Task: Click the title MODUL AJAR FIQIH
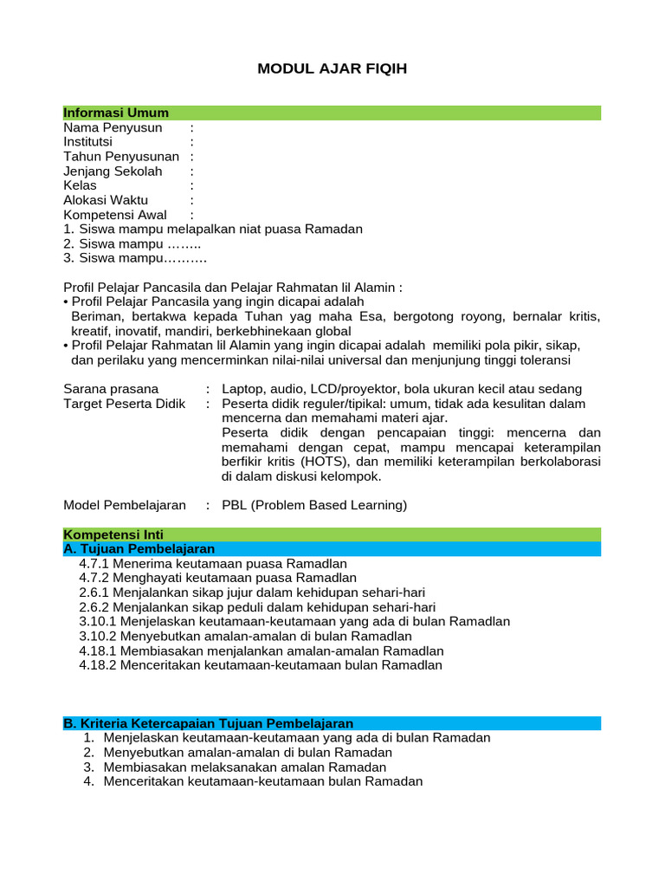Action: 332,68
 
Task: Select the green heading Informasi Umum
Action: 116,113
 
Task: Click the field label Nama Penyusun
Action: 113,128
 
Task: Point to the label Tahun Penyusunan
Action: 121,157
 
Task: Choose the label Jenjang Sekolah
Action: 113,172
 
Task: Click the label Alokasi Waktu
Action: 106,200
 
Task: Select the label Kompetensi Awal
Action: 115,215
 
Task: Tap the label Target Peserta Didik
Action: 125,404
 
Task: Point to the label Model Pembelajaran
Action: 125,505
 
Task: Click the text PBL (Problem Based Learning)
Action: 314,505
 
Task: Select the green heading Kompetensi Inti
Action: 113,534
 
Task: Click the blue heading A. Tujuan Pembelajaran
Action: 139,549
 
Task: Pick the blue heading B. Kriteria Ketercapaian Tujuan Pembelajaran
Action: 209,723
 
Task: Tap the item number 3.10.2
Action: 98,636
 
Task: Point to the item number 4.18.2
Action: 98,665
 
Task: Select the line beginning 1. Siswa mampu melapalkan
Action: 213,230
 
